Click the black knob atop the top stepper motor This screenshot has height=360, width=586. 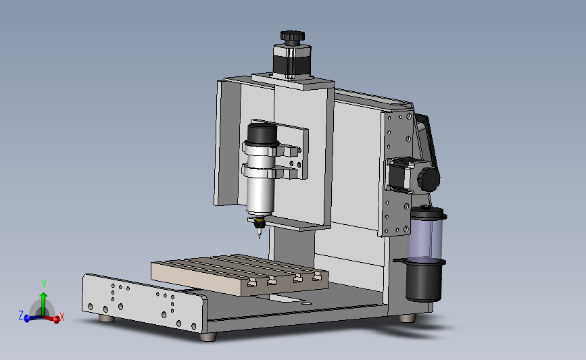point(293,36)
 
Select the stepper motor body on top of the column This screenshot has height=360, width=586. point(292,61)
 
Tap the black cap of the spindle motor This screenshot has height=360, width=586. point(262,133)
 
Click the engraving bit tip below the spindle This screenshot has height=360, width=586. point(260,234)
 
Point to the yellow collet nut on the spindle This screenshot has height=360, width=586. point(259,224)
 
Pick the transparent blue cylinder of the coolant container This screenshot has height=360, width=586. point(425,239)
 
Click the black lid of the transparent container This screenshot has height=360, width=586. point(428,213)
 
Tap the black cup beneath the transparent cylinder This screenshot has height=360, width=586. point(424,280)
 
